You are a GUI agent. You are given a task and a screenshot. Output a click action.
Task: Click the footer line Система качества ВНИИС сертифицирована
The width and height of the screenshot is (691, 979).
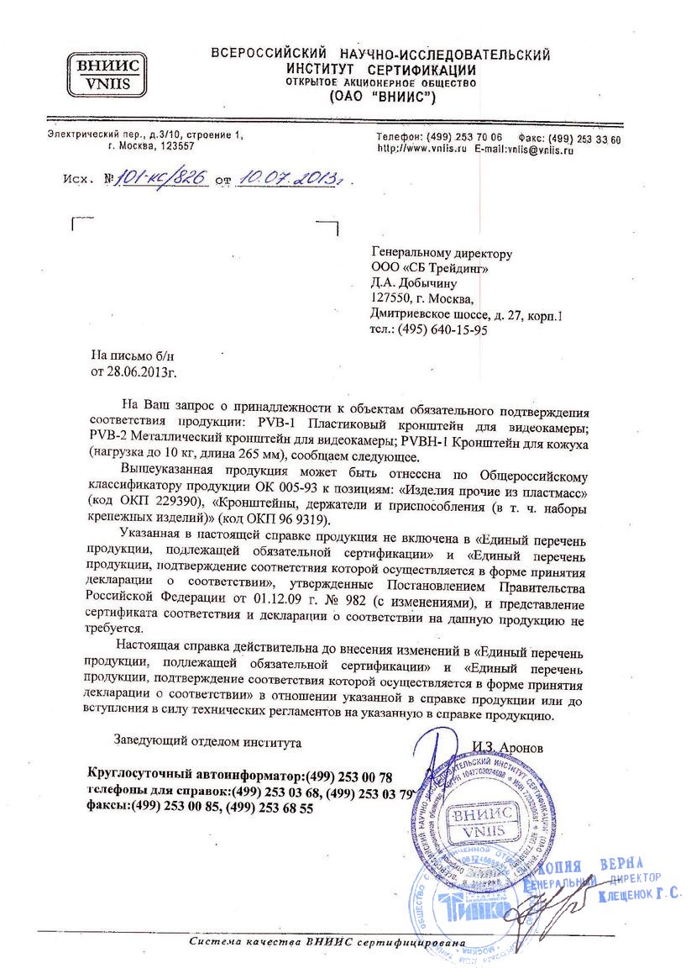pyautogui.click(x=327, y=942)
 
